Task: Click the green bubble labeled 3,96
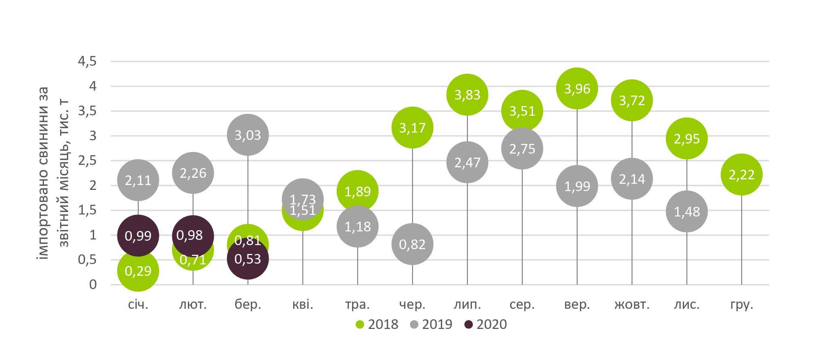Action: pos(577,88)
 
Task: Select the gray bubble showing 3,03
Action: pos(248,135)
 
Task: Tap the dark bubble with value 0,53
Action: pos(248,258)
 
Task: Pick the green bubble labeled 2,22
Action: pos(741,175)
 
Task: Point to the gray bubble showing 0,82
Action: pos(412,244)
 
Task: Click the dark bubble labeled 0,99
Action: pos(138,235)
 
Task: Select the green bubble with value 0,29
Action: pos(138,271)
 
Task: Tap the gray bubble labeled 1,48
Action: pos(687,211)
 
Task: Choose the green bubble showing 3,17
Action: pos(412,127)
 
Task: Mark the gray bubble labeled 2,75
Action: pos(522,148)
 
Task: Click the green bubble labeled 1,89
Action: pos(357,191)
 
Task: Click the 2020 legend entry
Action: pos(486,324)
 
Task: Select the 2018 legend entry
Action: pos(377,324)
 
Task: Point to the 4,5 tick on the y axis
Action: pos(87,62)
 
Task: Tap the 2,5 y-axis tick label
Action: pos(87,161)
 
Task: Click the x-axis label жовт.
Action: pos(632,304)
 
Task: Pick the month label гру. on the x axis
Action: pos(741,305)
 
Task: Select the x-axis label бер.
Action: pos(248,304)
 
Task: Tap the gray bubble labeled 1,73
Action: pos(303,199)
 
